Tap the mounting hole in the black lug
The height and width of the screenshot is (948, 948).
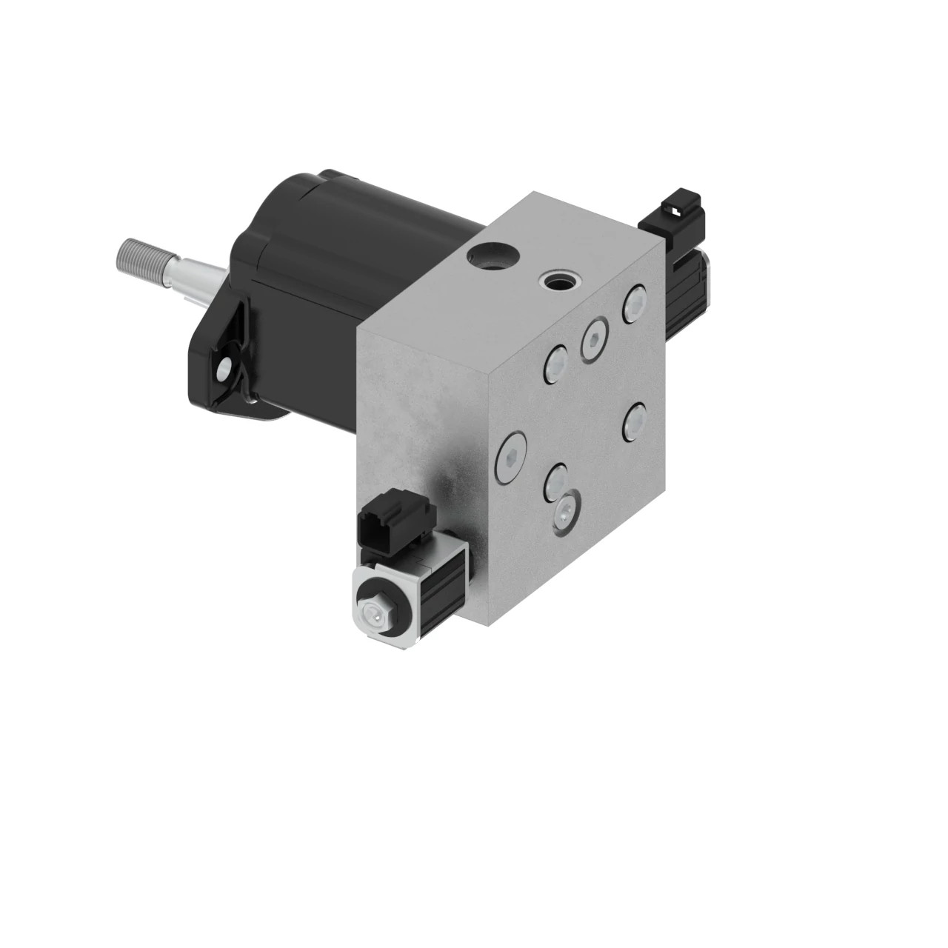coord(224,367)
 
